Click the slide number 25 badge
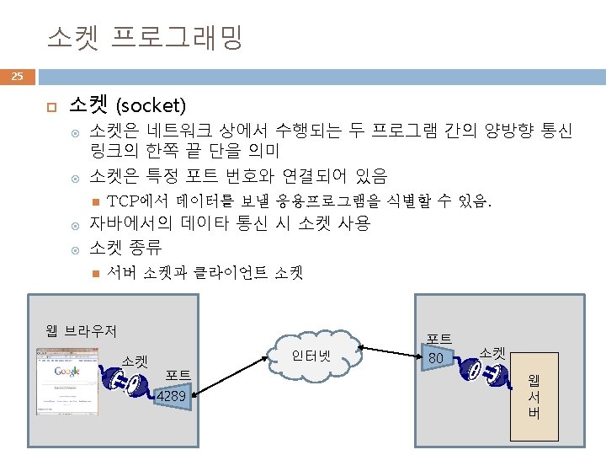click(x=17, y=78)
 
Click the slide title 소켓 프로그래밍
click(x=145, y=36)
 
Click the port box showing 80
click(x=437, y=359)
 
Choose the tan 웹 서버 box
click(x=534, y=396)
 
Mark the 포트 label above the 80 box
click(x=439, y=339)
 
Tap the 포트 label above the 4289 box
click(x=178, y=375)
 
